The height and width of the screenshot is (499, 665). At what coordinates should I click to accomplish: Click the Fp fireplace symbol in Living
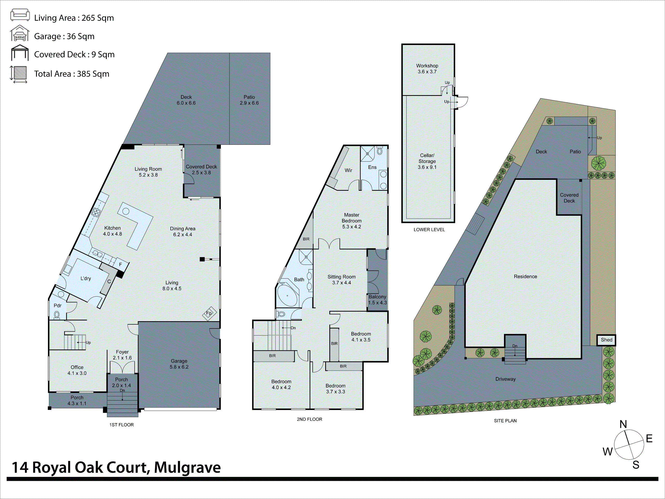pos(209,313)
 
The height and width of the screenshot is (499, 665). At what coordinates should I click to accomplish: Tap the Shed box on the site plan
pos(606,340)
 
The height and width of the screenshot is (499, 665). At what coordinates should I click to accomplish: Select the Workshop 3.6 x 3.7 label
pos(427,69)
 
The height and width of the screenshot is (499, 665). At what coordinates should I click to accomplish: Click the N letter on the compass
pos(623,424)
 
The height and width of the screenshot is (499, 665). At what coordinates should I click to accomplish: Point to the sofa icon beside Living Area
pos(20,15)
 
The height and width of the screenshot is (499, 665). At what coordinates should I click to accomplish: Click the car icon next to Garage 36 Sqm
pos(20,34)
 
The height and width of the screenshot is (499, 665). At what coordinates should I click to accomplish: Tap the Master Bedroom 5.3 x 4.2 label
pos(351,221)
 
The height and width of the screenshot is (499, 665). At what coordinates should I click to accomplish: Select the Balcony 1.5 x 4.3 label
pos(377,300)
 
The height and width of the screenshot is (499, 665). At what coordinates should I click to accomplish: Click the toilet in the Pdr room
pos(57,315)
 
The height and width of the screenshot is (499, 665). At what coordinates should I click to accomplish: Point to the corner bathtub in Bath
pos(287,295)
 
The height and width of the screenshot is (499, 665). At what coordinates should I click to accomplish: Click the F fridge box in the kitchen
pos(121,264)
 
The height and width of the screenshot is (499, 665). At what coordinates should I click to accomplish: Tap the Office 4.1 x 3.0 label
pos(77,370)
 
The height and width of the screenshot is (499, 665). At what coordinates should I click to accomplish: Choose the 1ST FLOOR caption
pos(122,425)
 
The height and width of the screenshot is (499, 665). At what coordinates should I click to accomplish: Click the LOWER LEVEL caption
pos(429,229)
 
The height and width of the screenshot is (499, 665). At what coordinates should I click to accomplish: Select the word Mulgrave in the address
pos(187,467)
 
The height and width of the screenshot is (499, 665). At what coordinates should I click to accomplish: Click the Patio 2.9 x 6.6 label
pos(249,100)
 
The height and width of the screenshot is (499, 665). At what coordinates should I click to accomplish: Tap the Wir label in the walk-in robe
pos(348,170)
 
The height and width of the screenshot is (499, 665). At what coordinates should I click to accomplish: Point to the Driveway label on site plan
pos(505,379)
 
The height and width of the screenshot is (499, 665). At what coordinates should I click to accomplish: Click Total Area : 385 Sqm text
pos(71,74)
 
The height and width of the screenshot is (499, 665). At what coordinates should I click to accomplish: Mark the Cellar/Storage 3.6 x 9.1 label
pos(427,161)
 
